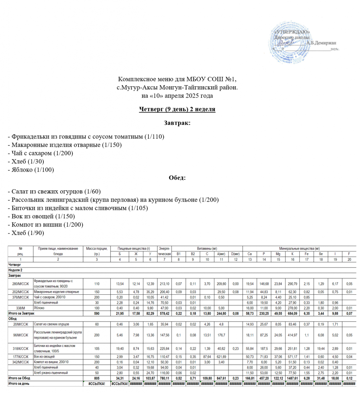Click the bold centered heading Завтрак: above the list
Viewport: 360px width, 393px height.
coord(177,124)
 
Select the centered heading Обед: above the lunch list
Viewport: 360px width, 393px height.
coord(177,178)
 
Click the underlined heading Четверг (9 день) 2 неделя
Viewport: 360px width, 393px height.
coord(177,109)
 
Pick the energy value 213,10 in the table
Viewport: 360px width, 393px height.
coord(164,284)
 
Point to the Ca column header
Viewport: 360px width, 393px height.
coord(250,254)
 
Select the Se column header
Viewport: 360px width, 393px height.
coord(321,254)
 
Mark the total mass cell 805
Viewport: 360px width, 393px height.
coord(97,378)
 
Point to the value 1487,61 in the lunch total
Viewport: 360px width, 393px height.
coord(292,378)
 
